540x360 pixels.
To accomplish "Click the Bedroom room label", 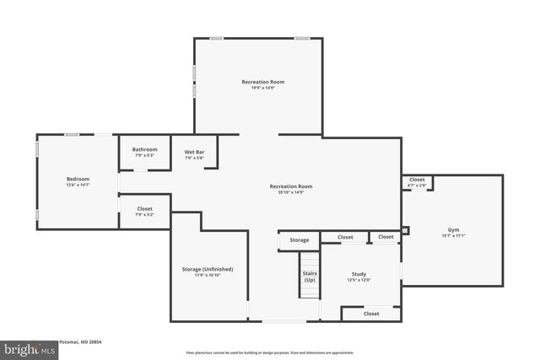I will click(x=78, y=179).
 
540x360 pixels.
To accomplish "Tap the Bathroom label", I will click(x=144, y=150).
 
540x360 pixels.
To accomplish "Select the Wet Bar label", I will click(x=194, y=152).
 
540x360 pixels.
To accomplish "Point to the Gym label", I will click(x=454, y=229).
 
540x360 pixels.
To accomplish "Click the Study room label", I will click(x=359, y=274).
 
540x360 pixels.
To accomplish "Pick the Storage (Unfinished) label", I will click(x=207, y=269).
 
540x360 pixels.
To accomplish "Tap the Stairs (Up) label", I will click(x=310, y=277).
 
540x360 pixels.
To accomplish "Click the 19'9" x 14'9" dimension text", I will click(x=262, y=88).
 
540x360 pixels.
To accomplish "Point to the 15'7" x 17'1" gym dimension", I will click(x=454, y=235).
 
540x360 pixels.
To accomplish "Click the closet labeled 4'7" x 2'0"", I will click(x=417, y=185).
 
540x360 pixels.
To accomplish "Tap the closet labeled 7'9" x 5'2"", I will click(x=144, y=214).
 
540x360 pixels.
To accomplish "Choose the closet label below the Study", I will click(x=371, y=314).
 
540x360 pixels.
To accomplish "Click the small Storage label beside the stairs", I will click(x=300, y=240).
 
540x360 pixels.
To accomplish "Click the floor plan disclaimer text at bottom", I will click(x=269, y=352).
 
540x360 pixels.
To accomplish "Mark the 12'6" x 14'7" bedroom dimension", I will click(x=78, y=185).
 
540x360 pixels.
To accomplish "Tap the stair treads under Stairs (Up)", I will click(x=310, y=294).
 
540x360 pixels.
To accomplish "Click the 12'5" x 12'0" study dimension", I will click(x=359, y=280).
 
